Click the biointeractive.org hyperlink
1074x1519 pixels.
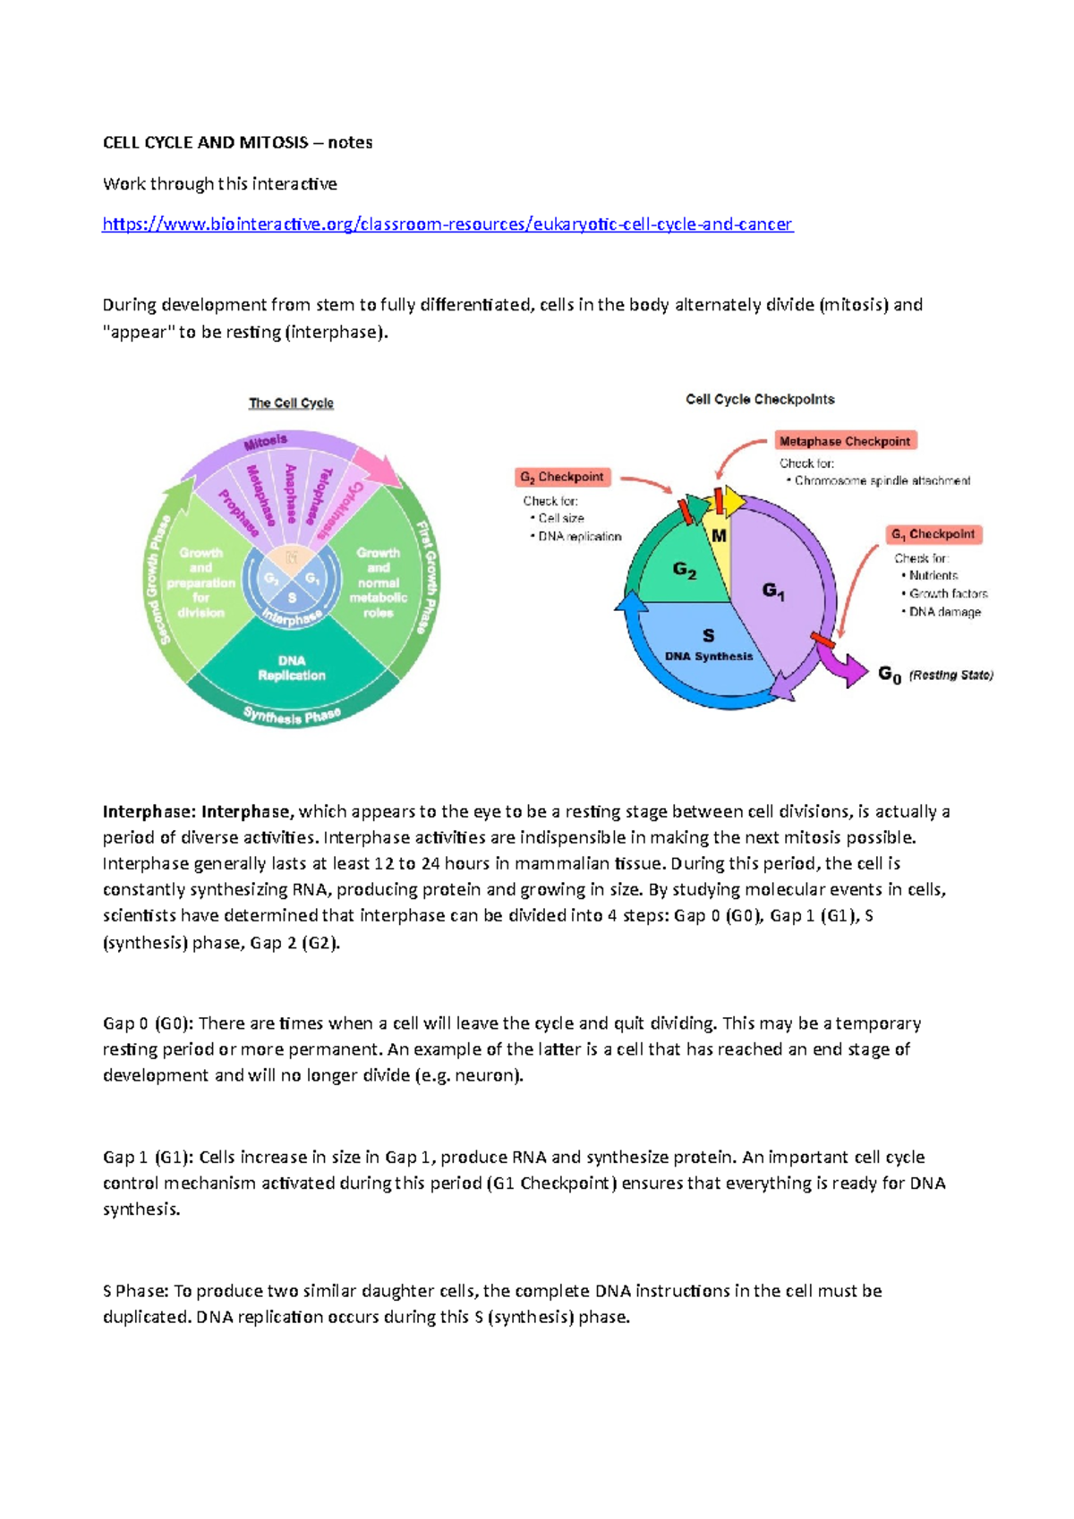tap(447, 225)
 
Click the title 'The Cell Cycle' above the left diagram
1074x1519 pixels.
tap(291, 403)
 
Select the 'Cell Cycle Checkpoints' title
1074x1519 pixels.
tap(760, 400)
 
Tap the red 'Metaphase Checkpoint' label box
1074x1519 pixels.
tap(844, 441)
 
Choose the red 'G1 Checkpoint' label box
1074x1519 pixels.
tap(934, 534)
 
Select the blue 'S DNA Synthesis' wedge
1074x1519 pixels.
tap(707, 644)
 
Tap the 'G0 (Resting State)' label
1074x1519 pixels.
tap(934, 675)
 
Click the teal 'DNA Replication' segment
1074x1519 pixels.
tap(292, 668)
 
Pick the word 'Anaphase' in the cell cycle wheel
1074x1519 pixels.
tap(291, 493)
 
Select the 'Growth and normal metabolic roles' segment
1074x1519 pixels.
tap(379, 583)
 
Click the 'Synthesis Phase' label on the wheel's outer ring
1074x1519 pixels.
tap(292, 717)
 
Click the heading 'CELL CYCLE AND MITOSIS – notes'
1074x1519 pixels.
tap(237, 143)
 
